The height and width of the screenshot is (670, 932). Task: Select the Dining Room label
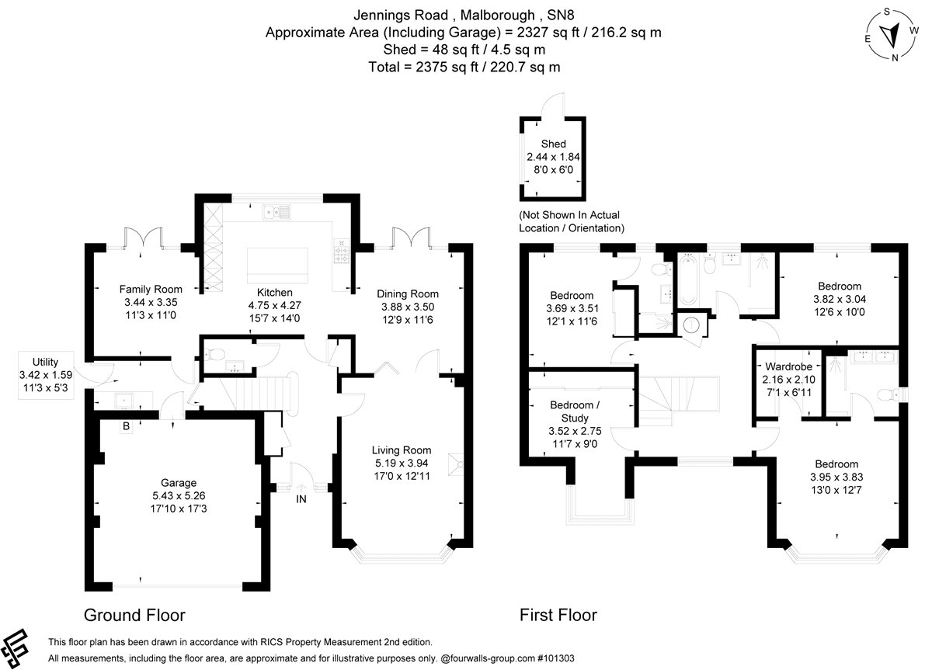coord(408,293)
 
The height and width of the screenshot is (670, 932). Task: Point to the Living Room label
coord(401,450)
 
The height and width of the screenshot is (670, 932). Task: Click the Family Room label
coord(141,290)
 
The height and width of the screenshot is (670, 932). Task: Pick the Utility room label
coord(45,362)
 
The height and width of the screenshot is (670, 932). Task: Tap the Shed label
coord(554,144)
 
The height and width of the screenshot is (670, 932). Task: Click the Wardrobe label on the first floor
coord(788,366)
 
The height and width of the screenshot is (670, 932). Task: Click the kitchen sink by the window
coord(276,210)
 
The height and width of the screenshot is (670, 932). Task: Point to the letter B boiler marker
coord(125,425)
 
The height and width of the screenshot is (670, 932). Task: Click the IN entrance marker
coord(301,498)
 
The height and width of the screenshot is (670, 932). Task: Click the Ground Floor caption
coord(134,616)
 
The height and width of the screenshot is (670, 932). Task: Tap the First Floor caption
coord(558,616)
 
